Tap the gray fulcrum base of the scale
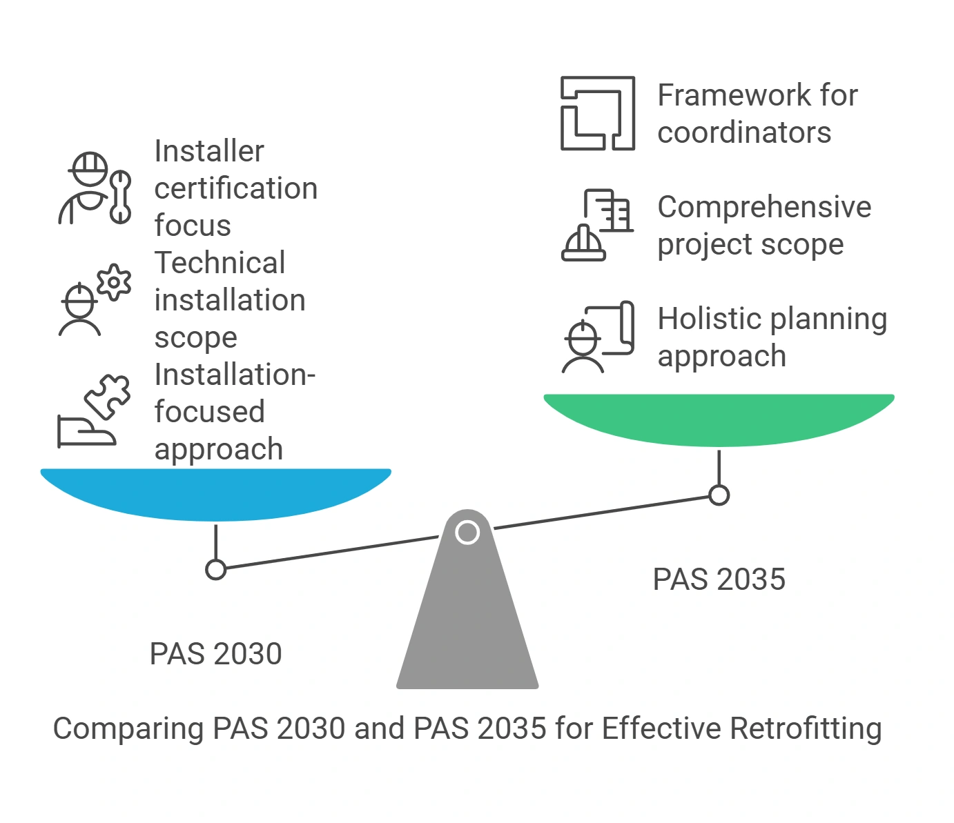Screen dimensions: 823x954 point(467,621)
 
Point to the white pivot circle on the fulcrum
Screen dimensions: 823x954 point(467,533)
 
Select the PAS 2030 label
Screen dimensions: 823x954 point(215,654)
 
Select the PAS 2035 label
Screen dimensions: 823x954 point(719,579)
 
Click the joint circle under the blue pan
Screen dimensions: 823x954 point(216,570)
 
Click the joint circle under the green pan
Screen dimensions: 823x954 point(719,495)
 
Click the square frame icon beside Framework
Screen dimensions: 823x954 point(597,114)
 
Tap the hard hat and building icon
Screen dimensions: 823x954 point(597,226)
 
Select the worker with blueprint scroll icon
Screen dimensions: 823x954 point(597,337)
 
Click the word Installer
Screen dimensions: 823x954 point(208,151)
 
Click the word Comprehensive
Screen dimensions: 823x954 point(764,207)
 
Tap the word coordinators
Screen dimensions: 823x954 point(744,132)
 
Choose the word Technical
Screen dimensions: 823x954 point(220,263)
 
